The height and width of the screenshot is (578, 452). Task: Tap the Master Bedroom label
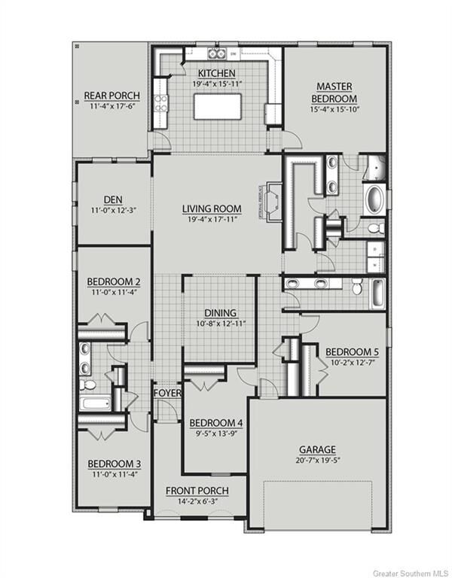tap(335, 93)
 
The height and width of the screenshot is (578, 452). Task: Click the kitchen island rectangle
tap(216, 106)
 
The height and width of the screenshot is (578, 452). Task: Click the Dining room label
tap(221, 313)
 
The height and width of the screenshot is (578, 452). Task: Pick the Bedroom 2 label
tap(114, 282)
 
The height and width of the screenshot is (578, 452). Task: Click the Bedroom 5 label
tap(352, 352)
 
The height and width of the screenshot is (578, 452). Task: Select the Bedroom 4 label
tap(216, 422)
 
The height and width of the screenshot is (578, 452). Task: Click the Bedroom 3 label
tap(114, 464)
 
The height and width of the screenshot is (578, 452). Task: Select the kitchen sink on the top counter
tap(217, 53)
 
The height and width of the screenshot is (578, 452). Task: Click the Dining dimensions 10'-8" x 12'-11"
tap(221, 324)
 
